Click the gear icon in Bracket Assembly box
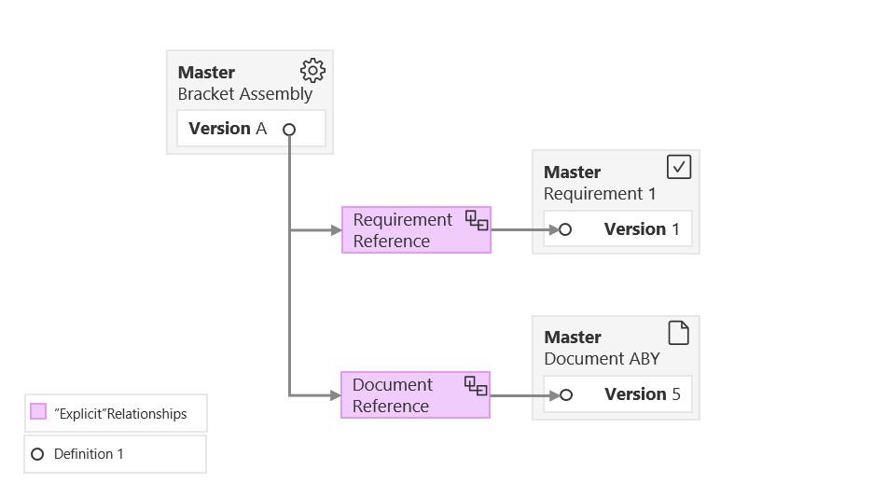pyautogui.click(x=312, y=71)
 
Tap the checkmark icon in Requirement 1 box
pyautogui.click(x=679, y=167)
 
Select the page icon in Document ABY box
pyautogui.click(x=679, y=332)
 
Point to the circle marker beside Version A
pyautogui.click(x=289, y=130)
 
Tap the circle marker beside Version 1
pyautogui.click(x=564, y=229)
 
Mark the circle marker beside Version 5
pyautogui.click(x=564, y=395)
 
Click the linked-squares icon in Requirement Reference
pyautogui.click(x=476, y=221)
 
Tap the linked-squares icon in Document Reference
pyautogui.click(x=476, y=385)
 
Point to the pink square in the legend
pyautogui.click(x=38, y=412)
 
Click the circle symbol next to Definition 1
pyautogui.click(x=37, y=454)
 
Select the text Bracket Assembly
pyautogui.click(x=244, y=93)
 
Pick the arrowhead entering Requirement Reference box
pyautogui.click(x=336, y=230)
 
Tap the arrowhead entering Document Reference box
pyautogui.click(x=336, y=395)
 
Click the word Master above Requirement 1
pyautogui.click(x=572, y=172)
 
